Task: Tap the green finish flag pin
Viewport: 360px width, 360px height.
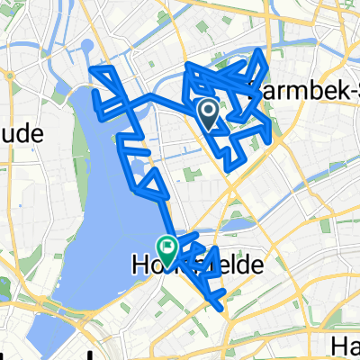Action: click(167, 245)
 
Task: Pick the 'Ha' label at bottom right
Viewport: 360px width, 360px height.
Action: click(344, 346)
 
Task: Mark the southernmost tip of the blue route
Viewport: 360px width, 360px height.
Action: click(221, 308)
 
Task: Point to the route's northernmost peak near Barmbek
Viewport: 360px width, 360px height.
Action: click(261, 51)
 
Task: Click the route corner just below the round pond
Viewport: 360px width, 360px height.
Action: click(92, 69)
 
